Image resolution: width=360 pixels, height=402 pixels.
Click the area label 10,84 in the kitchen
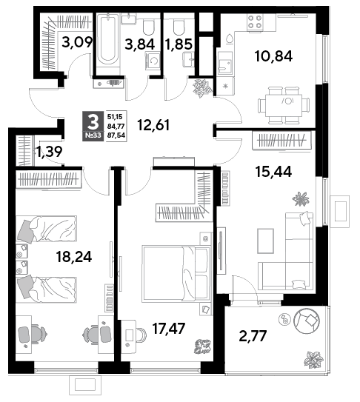[273, 56]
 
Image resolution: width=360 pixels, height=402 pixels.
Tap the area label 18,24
[74, 257]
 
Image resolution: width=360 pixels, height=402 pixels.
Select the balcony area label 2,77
[253, 336]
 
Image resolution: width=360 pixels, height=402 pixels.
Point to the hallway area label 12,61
[153, 125]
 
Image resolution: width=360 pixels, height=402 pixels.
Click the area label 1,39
[49, 152]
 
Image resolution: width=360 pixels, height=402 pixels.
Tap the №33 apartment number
[93, 135]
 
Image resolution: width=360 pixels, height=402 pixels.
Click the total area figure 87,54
[116, 135]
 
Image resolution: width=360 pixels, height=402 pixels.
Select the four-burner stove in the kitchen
[255, 22]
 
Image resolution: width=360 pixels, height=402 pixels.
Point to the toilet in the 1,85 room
[179, 27]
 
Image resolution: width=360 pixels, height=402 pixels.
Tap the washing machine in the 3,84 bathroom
[153, 61]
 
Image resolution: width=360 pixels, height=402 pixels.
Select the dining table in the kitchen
[283, 104]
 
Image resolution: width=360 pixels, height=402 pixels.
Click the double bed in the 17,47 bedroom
[176, 274]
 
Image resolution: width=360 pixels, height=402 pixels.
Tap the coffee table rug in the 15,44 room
[266, 241]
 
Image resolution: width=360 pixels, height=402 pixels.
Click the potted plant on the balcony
[313, 360]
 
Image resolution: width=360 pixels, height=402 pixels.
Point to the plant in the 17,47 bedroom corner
[202, 346]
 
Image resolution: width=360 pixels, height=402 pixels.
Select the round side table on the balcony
[284, 319]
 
